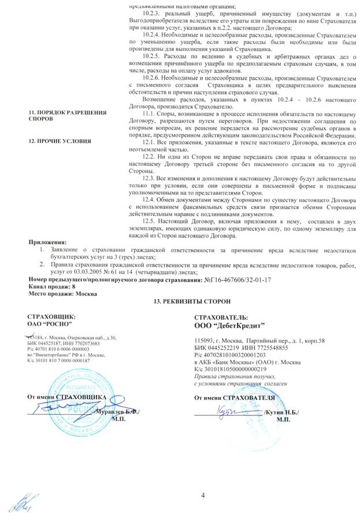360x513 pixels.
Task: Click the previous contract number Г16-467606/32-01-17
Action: pos(237,280)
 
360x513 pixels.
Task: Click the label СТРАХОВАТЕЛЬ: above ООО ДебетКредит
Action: pos(222,318)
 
